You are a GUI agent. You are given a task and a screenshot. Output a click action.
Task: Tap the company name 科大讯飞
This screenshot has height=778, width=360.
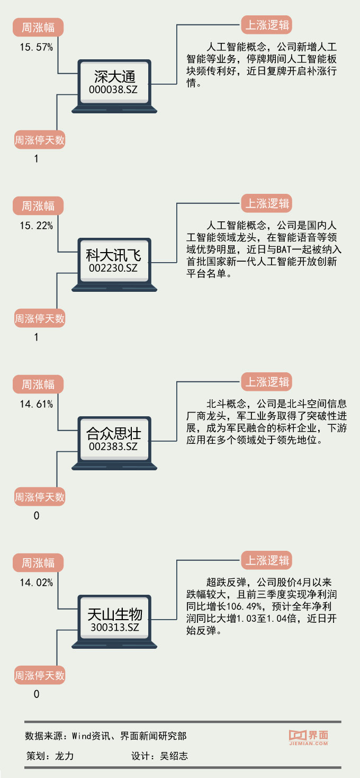pyautogui.click(x=114, y=256)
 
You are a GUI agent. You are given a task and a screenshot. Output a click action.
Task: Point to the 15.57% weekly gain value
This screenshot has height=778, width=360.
pyautogui.click(x=37, y=47)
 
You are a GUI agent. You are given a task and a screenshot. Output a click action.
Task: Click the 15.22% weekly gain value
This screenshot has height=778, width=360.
pyautogui.click(x=37, y=226)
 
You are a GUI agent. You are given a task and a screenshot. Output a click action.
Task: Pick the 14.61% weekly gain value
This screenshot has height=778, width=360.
pyautogui.click(x=37, y=404)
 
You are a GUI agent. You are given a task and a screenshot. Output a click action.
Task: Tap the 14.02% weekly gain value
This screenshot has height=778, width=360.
pyautogui.click(x=37, y=583)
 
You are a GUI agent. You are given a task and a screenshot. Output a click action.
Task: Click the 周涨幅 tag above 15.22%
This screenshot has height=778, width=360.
pyautogui.click(x=38, y=205)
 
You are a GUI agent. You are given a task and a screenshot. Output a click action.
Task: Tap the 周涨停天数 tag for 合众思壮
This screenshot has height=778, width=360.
pyautogui.click(x=39, y=497)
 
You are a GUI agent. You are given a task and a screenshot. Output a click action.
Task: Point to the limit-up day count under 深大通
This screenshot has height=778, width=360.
pyautogui.click(x=36, y=158)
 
